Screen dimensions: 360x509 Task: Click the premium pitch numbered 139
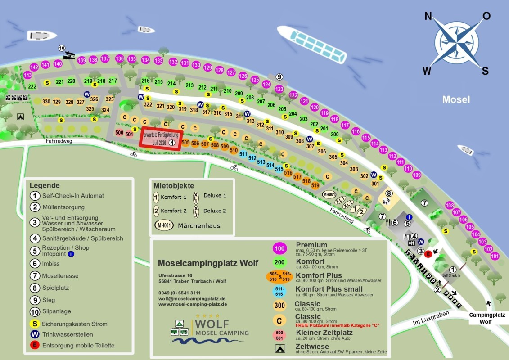click(81, 60)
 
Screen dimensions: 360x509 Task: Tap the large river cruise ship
click(312, 44)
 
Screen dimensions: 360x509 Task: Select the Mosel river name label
click(455, 99)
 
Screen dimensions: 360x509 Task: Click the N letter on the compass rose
click(428, 17)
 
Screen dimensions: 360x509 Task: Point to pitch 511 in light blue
click(243, 154)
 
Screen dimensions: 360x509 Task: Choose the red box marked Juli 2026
click(161, 139)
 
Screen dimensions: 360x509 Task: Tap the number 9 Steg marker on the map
click(279, 77)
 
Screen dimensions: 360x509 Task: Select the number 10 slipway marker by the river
click(62, 48)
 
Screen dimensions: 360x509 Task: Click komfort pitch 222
click(32, 86)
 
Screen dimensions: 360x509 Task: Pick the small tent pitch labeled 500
click(119, 133)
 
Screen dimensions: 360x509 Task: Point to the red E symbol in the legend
click(35, 345)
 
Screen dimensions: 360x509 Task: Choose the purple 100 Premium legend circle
click(279, 248)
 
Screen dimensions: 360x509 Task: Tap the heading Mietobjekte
click(174, 185)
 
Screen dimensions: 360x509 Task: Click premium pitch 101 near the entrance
click(495, 256)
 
